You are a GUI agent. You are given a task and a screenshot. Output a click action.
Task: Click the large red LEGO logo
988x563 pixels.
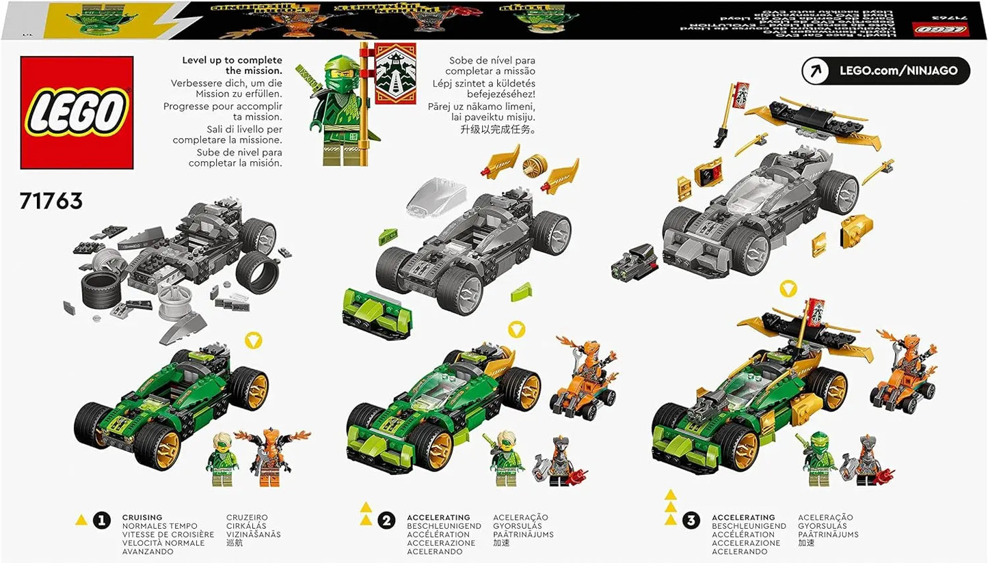click(x=76, y=112)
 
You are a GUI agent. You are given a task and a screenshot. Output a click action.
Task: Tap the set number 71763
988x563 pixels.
click(x=51, y=201)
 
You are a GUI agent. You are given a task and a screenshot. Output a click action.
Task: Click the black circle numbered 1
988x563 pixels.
click(x=101, y=521)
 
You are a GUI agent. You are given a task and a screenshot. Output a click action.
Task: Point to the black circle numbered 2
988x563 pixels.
click(x=386, y=521)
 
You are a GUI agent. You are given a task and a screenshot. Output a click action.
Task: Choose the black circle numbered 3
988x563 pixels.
click(x=691, y=521)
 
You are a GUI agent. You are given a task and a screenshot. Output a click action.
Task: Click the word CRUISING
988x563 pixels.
click(x=142, y=518)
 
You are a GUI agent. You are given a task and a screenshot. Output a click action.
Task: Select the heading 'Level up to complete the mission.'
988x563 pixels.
click(x=232, y=65)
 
